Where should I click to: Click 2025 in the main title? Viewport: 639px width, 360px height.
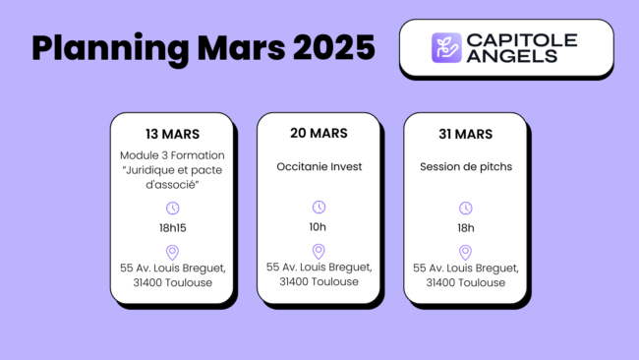point(328,47)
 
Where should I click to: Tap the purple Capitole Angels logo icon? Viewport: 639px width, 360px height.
point(446,47)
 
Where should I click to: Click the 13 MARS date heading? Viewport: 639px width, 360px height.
point(172,134)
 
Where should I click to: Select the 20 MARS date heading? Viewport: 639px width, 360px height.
point(319,133)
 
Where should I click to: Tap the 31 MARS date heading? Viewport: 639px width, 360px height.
point(466,133)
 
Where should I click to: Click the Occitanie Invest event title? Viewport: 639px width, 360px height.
point(319,166)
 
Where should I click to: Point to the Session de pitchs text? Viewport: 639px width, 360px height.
point(466,166)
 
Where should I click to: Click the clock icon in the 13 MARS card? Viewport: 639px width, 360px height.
point(172,208)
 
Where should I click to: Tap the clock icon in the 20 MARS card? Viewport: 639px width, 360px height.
point(319,207)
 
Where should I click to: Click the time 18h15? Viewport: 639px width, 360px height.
point(172,228)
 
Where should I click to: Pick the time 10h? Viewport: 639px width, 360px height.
point(319,226)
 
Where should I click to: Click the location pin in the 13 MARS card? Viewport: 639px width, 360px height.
point(172,252)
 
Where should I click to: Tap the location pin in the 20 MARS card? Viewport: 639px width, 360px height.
point(319,251)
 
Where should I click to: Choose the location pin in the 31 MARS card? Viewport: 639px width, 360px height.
point(466,251)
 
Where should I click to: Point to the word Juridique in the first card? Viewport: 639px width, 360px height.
point(149,171)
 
